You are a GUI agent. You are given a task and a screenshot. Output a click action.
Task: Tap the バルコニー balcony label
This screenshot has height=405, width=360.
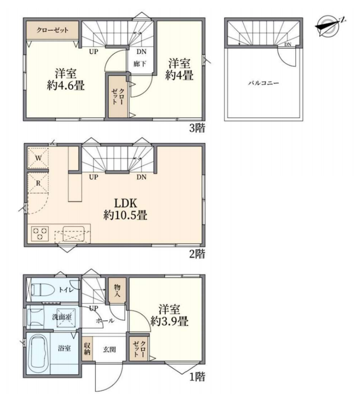263,83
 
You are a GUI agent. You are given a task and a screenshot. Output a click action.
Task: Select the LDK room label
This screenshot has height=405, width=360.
125,203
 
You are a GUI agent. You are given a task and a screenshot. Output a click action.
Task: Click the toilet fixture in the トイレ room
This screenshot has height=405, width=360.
42,289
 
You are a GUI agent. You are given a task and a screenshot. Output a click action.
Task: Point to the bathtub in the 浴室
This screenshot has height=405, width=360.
38,354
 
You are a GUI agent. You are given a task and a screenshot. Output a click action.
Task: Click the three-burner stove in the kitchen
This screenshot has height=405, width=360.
40,233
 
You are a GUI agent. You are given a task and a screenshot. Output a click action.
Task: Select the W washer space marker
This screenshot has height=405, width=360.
38,158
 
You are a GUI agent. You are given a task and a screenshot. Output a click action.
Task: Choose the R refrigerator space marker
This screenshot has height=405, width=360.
38,183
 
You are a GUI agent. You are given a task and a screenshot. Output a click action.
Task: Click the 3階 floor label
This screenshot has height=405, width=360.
197,128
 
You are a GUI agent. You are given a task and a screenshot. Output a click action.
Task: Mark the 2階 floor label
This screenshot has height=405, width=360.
197,254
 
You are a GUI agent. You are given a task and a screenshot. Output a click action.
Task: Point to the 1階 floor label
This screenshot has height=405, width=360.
197,377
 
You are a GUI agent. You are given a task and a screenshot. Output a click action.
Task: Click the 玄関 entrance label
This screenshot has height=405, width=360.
109,350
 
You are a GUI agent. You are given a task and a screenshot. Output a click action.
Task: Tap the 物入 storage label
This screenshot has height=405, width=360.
117,291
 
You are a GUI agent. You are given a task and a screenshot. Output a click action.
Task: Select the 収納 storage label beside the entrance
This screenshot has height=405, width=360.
87,348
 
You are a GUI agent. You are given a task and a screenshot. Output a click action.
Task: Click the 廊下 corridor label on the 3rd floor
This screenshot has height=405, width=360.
140,64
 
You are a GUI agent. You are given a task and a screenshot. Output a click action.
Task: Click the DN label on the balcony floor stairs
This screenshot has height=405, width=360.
288,45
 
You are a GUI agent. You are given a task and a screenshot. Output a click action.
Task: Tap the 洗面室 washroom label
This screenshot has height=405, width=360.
62,317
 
